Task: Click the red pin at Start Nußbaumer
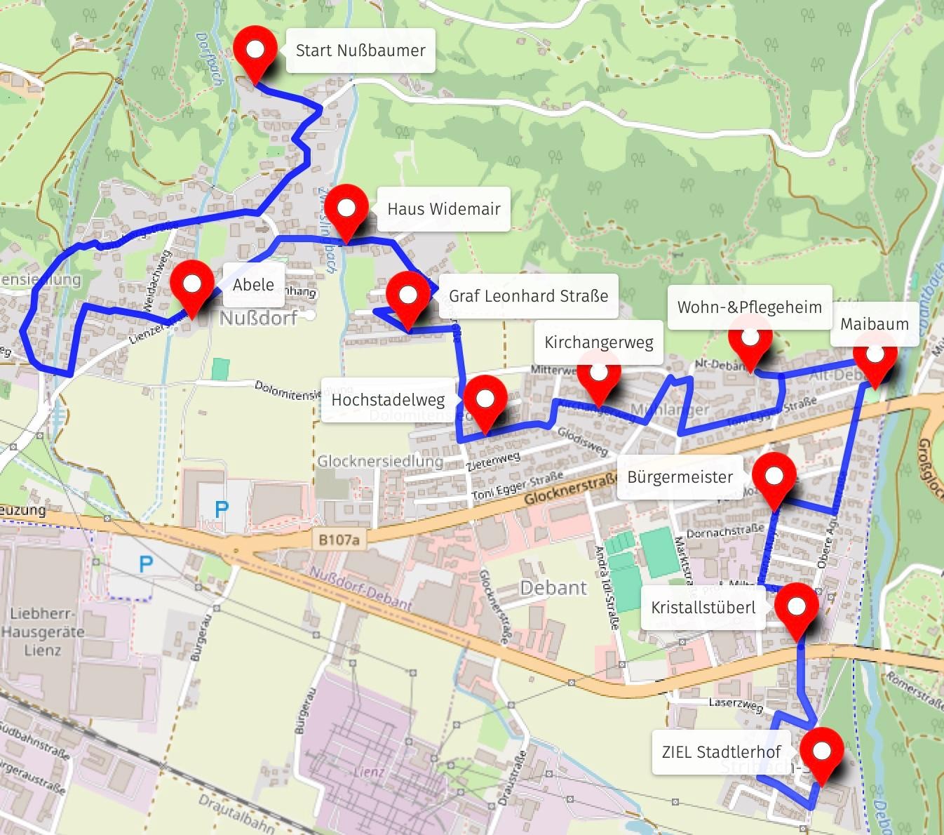coord(256,51)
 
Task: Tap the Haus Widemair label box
coord(443,209)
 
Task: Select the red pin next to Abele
coord(191,285)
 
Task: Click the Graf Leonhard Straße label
coord(528,296)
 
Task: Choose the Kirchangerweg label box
coord(598,342)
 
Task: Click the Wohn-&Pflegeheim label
coord(749,307)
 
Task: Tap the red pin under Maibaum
coord(875,355)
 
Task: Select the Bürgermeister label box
coord(680,477)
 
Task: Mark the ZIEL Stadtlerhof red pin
coord(821,751)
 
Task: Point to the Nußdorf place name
coord(258,318)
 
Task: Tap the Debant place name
coord(553,588)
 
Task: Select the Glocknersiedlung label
coord(379,461)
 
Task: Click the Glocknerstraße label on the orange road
coord(570,486)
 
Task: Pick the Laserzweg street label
coord(735,704)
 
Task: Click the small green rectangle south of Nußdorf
coord(220,369)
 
